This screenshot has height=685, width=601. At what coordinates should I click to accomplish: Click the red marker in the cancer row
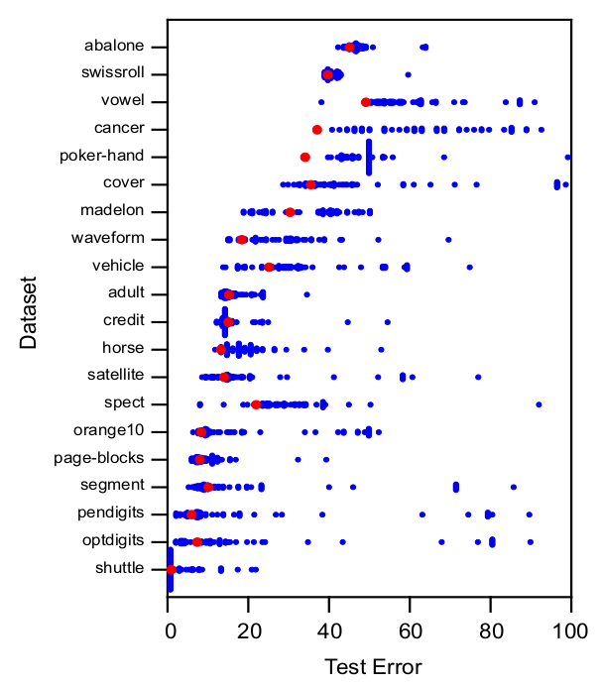317,129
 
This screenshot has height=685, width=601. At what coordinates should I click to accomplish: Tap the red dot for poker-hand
305,157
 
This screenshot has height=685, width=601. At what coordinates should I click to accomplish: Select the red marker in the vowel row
366,102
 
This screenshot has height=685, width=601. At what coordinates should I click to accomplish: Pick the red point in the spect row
257,404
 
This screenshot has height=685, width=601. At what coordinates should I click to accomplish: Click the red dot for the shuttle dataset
171,569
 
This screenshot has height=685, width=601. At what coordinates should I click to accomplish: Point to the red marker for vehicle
269,267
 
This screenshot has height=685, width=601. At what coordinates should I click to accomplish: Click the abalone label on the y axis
114,46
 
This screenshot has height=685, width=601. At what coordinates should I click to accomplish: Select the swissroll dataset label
112,73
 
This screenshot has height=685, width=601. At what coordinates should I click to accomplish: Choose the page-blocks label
98,458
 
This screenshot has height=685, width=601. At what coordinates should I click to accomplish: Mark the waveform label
107,238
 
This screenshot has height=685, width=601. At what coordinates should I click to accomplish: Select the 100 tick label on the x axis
569,629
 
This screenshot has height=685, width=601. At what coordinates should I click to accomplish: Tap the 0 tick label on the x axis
170,629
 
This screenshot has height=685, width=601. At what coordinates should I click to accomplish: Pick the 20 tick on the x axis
250,629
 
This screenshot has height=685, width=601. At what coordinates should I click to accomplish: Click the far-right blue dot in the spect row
539,404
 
